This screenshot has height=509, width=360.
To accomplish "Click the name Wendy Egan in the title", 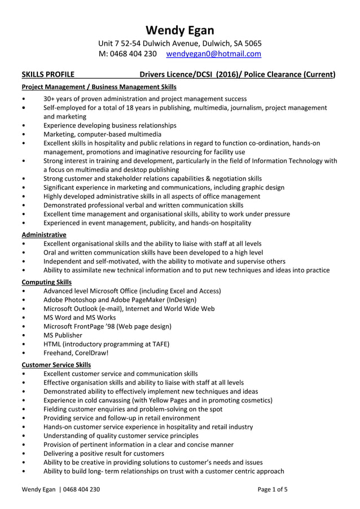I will click(x=180, y=30).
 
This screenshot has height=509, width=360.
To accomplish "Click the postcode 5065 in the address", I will click(x=252, y=43).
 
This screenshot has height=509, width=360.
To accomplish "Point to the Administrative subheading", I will click(x=43, y=234).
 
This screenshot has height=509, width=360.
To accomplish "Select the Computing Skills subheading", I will click(x=46, y=282).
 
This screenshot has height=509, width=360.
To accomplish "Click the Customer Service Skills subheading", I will click(x=56, y=365).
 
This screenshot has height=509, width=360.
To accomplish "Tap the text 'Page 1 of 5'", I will click(x=273, y=489).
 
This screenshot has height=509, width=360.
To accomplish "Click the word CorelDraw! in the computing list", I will click(x=90, y=353).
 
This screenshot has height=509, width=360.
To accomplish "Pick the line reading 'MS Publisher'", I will click(x=63, y=335).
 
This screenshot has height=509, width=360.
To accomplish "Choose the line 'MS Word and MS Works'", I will click(x=80, y=318).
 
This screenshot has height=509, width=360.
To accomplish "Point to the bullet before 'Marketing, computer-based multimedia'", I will click(x=23, y=134).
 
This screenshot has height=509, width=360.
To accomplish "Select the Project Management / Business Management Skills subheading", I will click(x=99, y=87).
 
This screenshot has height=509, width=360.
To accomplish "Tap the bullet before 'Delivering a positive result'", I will click(x=23, y=453).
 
